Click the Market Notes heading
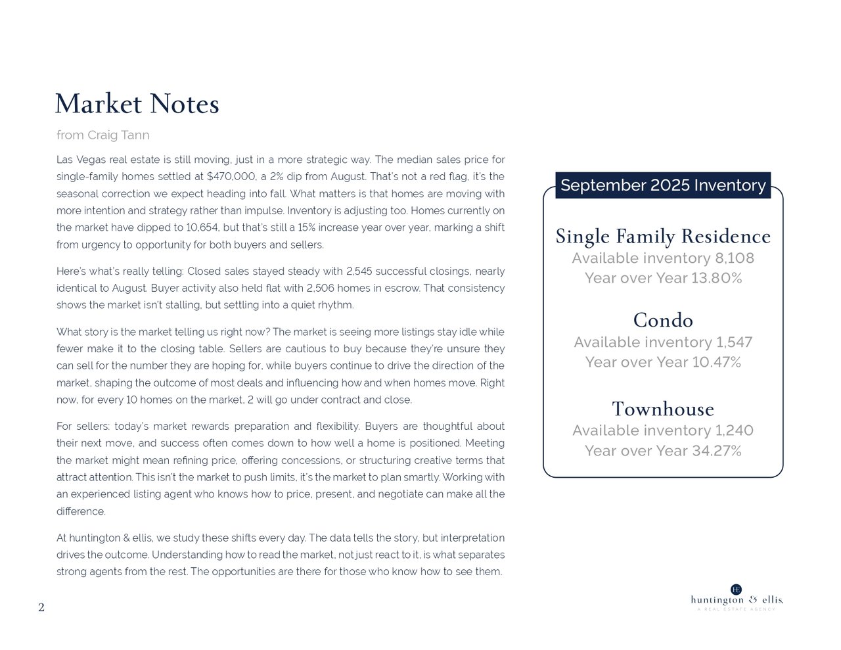point(137,104)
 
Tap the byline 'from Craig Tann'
point(103,135)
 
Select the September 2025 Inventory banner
point(663,185)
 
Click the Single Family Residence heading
point(663,236)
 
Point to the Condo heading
point(663,321)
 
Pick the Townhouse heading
point(663,409)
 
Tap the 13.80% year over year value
point(716,279)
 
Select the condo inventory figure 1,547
point(734,342)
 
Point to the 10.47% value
point(716,363)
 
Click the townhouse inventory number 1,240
point(734,430)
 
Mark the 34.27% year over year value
point(716,451)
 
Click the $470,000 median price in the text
point(228,177)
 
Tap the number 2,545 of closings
point(359,271)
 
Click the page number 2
point(41,608)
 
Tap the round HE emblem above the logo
point(737,589)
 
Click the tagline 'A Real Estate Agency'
point(737,609)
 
